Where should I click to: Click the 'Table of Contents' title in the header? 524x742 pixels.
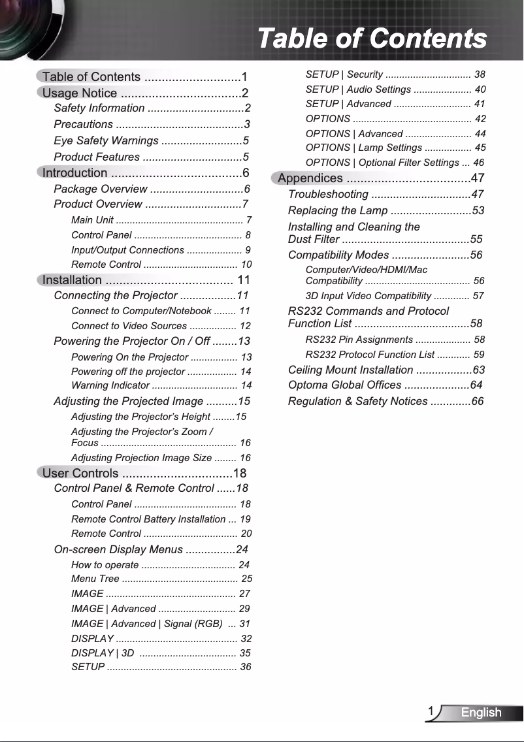coord(372,39)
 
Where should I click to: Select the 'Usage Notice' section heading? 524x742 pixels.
coord(80,93)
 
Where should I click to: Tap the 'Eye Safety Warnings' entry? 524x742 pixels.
coord(106,141)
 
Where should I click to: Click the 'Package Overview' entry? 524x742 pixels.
coord(101,189)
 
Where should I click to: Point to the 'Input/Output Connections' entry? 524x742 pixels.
coord(127,250)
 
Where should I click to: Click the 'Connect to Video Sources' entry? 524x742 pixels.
coord(128,326)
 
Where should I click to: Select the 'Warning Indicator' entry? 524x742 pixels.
coord(110,385)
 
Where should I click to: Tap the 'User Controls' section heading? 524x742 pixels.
coord(80,474)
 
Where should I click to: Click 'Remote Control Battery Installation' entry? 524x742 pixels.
coord(148,520)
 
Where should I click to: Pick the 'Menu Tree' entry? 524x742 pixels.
coord(95,579)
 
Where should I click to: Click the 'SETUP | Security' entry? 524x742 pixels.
coord(344,75)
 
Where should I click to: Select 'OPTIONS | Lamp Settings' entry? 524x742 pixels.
coord(364,148)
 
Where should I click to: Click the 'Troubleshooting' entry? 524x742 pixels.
coord(328,195)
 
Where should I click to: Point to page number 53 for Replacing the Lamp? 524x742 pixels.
coord(478,211)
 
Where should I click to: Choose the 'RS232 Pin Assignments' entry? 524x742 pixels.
coord(359,340)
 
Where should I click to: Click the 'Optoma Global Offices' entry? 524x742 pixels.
coord(345,385)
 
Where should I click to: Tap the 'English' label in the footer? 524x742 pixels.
coord(482,713)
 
